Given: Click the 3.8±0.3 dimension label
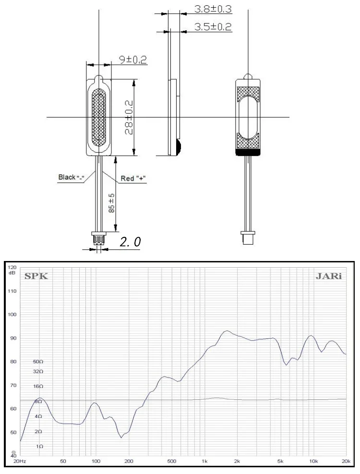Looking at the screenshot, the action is click(x=213, y=9).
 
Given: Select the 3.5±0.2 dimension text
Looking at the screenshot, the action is click(x=213, y=27).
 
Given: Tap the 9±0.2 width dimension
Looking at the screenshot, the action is click(x=133, y=59).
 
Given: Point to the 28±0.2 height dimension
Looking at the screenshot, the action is click(x=129, y=118).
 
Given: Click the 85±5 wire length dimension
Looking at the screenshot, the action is click(x=111, y=203).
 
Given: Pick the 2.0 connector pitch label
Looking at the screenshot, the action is click(x=130, y=242).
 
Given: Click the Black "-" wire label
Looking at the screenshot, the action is click(x=72, y=177).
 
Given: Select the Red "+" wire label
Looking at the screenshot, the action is click(x=133, y=178).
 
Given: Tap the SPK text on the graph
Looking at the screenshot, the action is click(x=36, y=276).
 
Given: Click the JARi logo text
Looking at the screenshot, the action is click(x=328, y=276).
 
